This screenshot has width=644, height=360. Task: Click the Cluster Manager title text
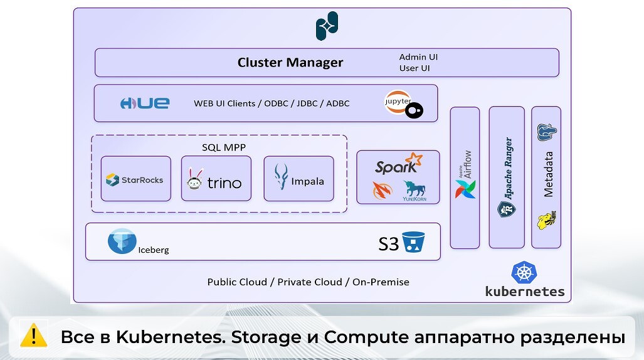tap(290, 63)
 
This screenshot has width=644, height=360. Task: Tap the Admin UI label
tap(418, 57)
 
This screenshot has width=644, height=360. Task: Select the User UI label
tap(414, 68)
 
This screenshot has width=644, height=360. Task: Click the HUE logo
tap(145, 103)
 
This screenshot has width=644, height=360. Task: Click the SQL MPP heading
tap(223, 147)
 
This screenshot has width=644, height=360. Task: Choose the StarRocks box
tap(135, 179)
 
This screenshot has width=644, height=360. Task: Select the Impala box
tap(298, 179)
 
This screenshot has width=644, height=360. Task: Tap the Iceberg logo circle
tap(122, 241)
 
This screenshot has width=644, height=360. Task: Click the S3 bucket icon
tap(413, 242)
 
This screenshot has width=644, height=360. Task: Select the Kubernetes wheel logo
tap(524, 273)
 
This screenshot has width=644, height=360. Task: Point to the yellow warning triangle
tap(34, 336)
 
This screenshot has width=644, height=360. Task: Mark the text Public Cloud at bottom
tap(237, 282)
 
